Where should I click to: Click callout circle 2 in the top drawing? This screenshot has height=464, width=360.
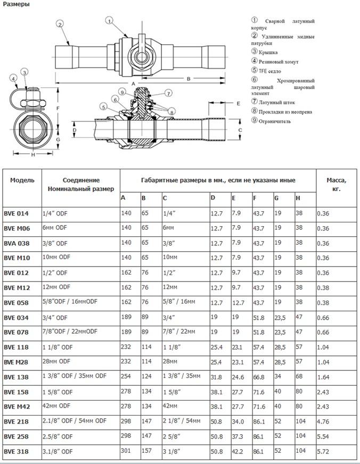tap(60, 24)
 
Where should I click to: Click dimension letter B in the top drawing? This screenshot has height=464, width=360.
tap(189, 78)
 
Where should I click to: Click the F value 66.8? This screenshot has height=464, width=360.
tap(259, 377)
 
